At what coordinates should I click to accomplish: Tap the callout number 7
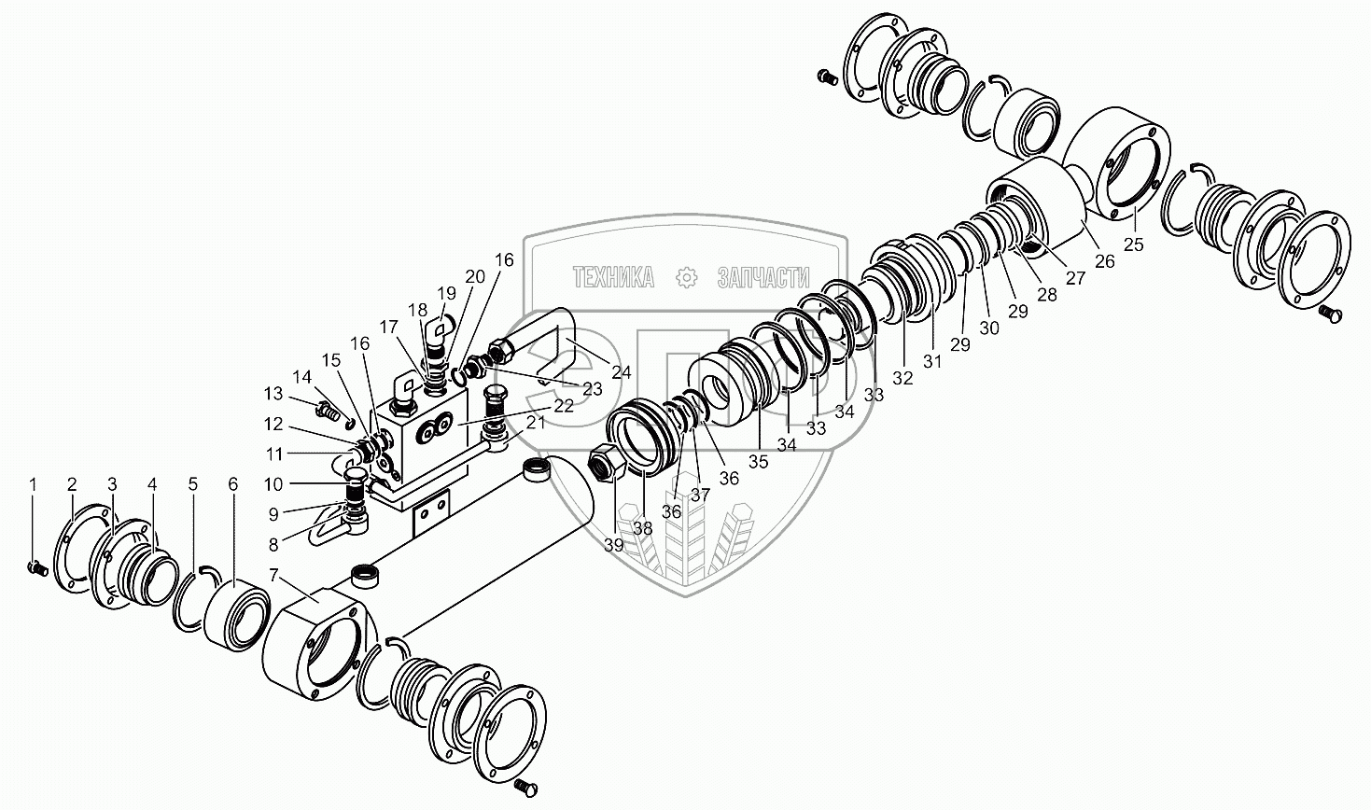(273, 575)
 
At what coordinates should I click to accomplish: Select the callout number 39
(612, 545)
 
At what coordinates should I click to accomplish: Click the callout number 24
(622, 372)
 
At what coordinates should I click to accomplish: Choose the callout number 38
(643, 528)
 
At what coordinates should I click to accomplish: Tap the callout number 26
(1105, 262)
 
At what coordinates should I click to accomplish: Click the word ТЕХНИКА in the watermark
(612, 276)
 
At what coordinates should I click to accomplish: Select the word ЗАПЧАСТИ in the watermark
(762, 276)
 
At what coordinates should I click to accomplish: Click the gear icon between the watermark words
(687, 276)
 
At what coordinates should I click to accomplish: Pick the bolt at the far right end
(1331, 315)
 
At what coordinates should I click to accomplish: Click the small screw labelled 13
(326, 408)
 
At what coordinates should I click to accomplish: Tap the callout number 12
(273, 424)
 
